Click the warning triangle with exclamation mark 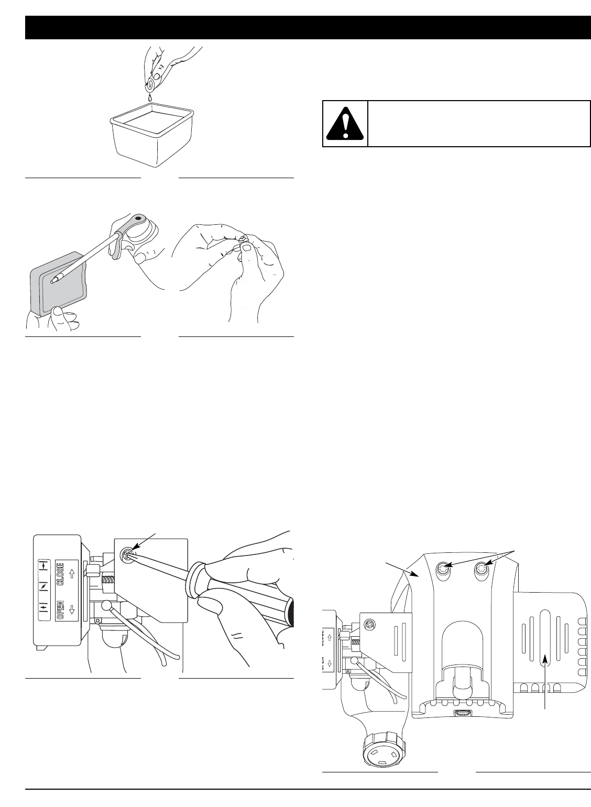(x=345, y=123)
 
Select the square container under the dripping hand (x=152, y=137)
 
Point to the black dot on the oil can (x=138, y=217)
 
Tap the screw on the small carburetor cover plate (x=370, y=624)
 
